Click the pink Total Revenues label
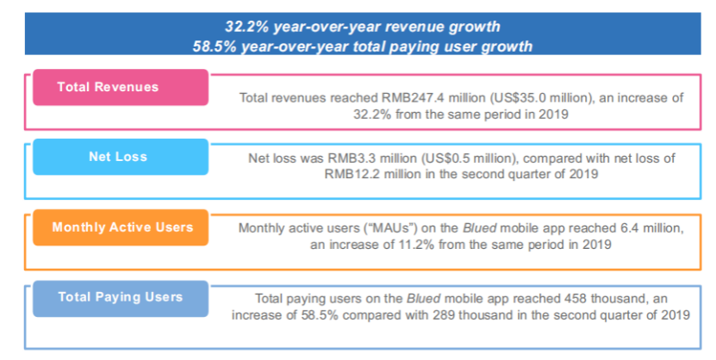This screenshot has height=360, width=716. tap(108, 87)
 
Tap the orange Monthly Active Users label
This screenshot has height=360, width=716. tap(121, 227)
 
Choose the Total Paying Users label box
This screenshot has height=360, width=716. tap(120, 297)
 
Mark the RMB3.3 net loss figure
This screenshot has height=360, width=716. tap(346, 158)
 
